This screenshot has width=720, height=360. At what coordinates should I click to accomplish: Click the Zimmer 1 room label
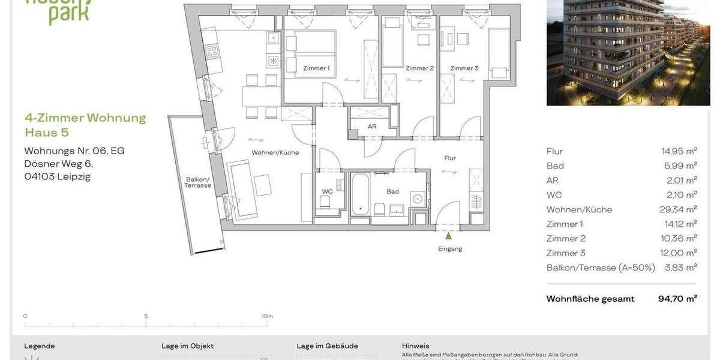(316, 68)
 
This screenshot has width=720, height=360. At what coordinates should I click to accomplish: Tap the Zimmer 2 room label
(419, 68)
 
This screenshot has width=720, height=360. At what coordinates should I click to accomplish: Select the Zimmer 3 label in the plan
(464, 68)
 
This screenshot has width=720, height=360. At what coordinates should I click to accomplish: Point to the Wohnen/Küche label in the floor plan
(275, 152)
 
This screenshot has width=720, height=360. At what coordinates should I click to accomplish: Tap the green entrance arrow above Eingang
(448, 236)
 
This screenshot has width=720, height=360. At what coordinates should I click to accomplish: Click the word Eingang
(450, 248)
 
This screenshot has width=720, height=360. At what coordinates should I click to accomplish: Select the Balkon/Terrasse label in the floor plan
(198, 182)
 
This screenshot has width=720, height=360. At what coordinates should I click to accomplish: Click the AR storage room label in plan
(372, 127)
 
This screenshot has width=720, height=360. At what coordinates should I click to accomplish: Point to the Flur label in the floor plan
(450, 158)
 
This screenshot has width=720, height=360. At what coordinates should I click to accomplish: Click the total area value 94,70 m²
(677, 299)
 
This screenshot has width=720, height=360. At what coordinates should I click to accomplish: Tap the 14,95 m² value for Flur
(679, 151)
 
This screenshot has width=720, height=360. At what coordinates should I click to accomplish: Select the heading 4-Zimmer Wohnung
(85, 118)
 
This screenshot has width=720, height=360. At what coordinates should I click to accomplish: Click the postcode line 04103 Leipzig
(57, 176)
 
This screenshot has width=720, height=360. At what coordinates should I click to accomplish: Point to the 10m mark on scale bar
(267, 316)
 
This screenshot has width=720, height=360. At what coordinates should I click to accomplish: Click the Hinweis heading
(415, 346)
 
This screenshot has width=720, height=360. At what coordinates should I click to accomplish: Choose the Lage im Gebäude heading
(327, 346)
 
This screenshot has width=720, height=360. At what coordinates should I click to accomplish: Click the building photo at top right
(628, 53)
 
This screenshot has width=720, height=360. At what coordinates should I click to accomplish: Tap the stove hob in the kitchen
(212, 52)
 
